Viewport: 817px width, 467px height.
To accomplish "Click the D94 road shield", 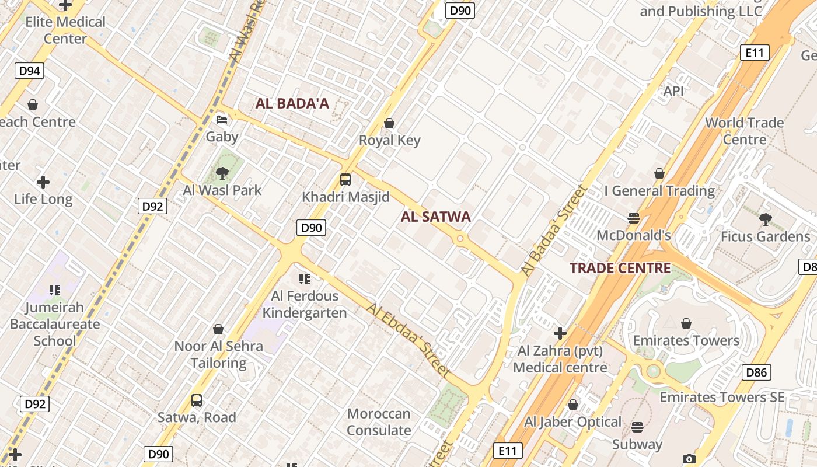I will pos(29,71).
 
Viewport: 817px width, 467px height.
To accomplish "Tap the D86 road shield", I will pos(756,372).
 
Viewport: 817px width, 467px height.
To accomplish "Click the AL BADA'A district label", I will pos(292,104).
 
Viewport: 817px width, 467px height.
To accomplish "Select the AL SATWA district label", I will pos(436,217).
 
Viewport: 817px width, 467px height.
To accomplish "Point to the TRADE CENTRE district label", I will pos(620,269).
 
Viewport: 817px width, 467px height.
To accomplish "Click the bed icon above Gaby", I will pos(222,120).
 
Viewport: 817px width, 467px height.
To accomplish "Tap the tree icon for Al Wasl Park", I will pos(222,173).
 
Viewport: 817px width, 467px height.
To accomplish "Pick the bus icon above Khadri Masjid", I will pos(345,180).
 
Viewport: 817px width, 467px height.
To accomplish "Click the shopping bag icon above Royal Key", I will pos(389,123).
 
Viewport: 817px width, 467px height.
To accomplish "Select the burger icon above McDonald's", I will pos(634,218).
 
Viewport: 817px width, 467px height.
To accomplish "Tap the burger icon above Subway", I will pos(637,427).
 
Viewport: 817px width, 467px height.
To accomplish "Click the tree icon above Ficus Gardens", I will pos(766,219).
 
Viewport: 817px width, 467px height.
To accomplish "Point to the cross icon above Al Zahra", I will pos(560,333).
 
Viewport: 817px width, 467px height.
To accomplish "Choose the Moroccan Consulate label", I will pos(379,422).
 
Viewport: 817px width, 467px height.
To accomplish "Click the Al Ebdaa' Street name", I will pos(409,340).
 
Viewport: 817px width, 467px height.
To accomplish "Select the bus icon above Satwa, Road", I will pos(197,400).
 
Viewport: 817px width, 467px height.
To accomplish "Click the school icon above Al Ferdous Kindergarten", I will pos(304,279).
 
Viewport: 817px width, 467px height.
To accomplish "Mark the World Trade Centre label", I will pos(745,131).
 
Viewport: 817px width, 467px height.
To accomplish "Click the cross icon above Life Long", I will pos(43,182).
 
